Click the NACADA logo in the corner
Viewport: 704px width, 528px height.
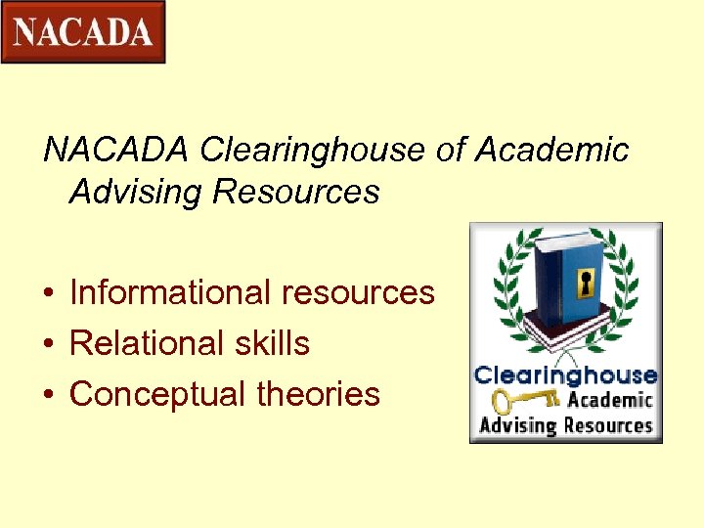(83, 32)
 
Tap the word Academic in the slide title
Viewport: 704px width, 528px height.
(552, 151)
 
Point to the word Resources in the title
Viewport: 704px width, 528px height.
(295, 192)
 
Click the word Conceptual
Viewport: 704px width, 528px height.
(157, 394)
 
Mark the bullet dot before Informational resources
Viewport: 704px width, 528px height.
(47, 293)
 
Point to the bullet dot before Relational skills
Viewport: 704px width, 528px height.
(47, 344)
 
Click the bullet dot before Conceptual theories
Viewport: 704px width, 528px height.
(47, 395)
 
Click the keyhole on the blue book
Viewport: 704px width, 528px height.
(587, 285)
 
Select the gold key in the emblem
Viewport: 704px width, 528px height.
(522, 400)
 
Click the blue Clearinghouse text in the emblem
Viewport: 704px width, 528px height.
(565, 375)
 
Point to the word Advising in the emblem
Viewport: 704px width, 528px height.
(517, 426)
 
